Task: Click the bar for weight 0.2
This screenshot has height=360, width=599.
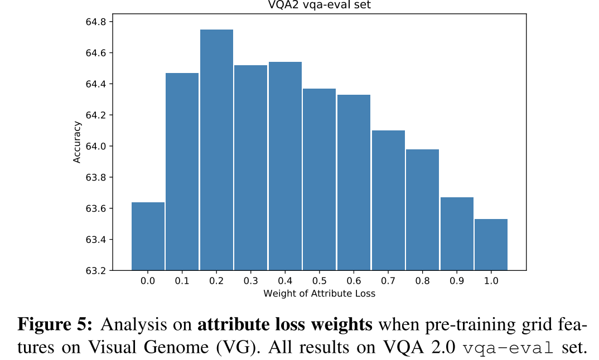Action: coord(216,150)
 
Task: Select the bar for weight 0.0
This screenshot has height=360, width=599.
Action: coord(148,236)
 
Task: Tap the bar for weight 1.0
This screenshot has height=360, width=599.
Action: coord(491,245)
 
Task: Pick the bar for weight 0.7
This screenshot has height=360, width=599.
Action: coord(388,201)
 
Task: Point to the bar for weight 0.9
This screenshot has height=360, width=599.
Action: coord(457,234)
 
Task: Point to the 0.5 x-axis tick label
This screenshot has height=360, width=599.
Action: coord(320,281)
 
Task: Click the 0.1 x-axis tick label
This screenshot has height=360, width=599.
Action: coord(182,281)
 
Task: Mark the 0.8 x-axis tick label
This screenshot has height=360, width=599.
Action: coord(422,281)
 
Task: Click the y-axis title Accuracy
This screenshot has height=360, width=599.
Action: coord(77,142)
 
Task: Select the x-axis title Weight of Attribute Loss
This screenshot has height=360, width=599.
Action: coord(320,294)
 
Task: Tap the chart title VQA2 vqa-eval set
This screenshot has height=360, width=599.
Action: coord(320,6)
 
